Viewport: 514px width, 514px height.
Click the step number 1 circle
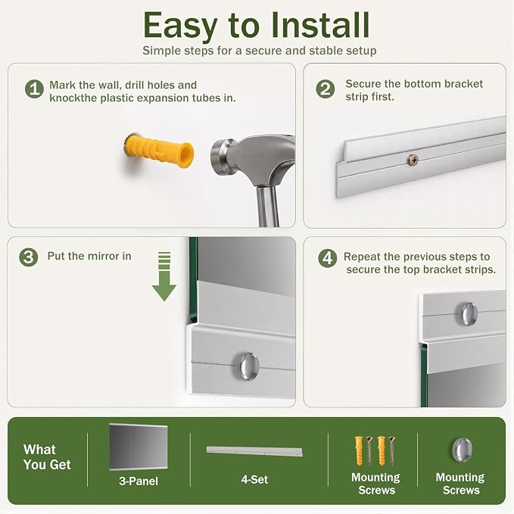click(34, 89)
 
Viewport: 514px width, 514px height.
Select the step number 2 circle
click(326, 89)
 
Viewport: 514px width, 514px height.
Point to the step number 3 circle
click(29, 257)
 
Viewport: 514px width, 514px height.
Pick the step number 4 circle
click(328, 258)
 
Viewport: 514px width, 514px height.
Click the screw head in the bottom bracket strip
click(413, 160)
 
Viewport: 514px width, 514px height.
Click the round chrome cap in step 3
click(249, 366)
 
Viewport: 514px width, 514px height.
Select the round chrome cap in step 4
click(469, 314)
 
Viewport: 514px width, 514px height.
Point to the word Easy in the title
click(180, 26)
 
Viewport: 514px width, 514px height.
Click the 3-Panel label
click(139, 481)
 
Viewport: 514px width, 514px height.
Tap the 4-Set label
click(254, 479)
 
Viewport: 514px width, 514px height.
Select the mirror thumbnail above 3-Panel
click(139, 447)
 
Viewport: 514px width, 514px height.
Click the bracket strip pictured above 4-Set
click(254, 451)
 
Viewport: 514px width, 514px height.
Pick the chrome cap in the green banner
click(463, 450)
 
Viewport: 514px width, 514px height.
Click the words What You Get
click(47, 457)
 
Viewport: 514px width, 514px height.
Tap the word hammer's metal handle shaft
click(267, 207)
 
